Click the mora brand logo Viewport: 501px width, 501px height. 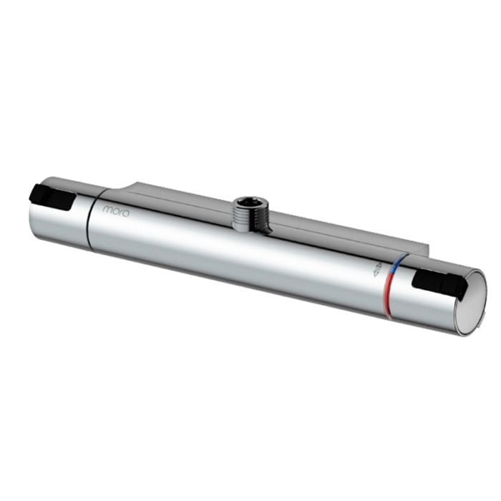tap(115, 210)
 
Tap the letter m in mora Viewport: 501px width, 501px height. tap(107, 209)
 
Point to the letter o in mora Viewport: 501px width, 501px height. tap(115, 210)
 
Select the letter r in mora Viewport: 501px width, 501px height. tap(120, 212)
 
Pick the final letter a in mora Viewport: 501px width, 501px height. tap(125, 213)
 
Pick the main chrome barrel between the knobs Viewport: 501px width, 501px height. tap(236, 250)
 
